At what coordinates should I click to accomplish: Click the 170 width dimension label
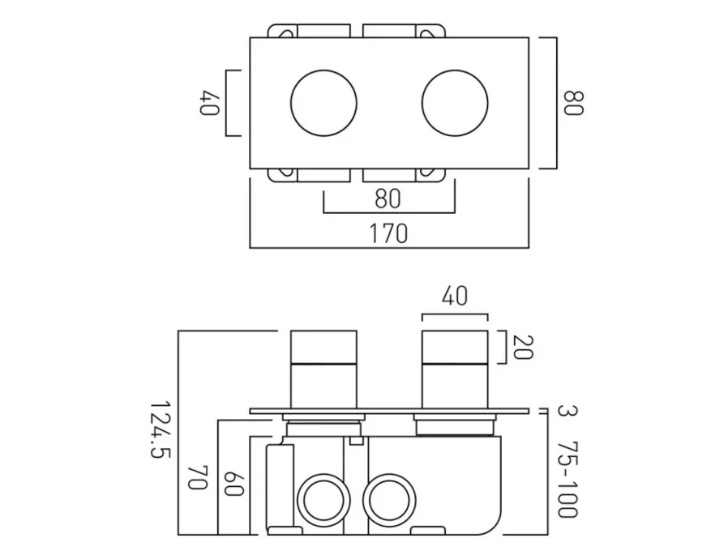click(388, 234)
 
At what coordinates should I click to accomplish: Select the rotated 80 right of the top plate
click(573, 104)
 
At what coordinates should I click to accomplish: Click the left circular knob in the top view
click(323, 103)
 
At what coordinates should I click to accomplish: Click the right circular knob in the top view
click(455, 103)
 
